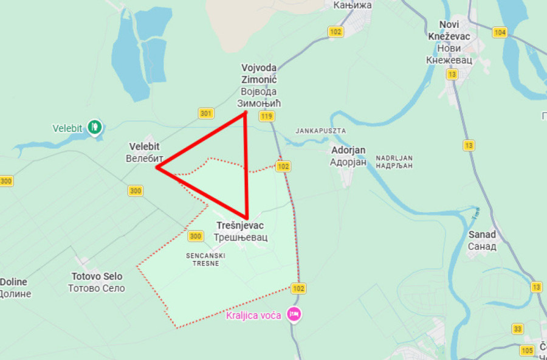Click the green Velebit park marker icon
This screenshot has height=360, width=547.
(95, 127)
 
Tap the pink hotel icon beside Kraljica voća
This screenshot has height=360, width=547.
(294, 314)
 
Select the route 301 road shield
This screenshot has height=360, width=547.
(206, 113)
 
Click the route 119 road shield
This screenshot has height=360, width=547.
(266, 116)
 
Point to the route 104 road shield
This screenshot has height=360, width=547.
(500, 32)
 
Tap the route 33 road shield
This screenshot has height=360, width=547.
(517, 329)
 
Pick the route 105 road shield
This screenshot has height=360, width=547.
(527, 350)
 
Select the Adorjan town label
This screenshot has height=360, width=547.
(348, 156)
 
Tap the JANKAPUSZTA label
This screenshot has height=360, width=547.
(320, 131)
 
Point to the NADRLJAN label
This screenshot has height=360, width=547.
(394, 161)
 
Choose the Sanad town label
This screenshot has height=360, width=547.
(482, 240)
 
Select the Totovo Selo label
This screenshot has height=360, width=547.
(97, 282)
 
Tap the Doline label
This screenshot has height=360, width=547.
(15, 288)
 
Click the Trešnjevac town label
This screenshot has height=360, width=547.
(241, 231)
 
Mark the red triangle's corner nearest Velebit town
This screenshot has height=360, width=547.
(157, 167)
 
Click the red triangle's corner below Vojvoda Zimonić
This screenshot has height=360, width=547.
(245, 113)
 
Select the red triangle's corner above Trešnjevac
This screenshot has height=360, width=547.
(247, 218)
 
